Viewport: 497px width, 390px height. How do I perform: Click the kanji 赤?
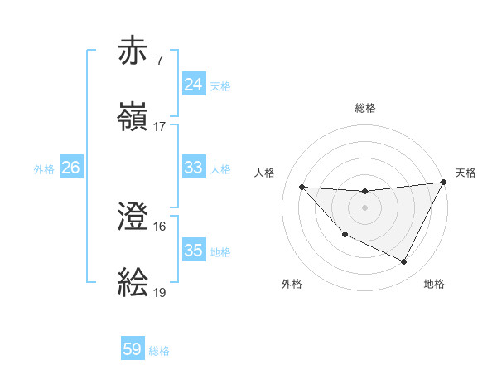point(133,51)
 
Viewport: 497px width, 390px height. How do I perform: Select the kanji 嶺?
point(133,118)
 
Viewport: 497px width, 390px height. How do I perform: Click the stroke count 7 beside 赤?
point(159,61)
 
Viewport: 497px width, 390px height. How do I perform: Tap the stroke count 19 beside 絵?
point(160,293)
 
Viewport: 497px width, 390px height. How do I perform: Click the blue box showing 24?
point(193,85)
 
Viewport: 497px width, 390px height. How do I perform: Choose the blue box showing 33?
point(193,168)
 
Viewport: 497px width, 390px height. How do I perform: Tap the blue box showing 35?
point(193,251)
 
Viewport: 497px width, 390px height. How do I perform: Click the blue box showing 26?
point(70,168)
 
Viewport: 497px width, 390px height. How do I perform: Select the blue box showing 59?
point(133,350)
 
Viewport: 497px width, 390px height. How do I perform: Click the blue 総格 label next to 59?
point(160,351)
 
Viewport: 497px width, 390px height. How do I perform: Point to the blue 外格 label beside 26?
point(44,168)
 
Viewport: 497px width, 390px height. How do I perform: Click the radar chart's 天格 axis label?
point(466,173)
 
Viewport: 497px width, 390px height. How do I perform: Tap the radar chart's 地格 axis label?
point(434,284)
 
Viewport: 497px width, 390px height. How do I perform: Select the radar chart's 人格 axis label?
point(264,173)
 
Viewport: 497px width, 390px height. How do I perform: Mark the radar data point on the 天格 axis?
point(443,183)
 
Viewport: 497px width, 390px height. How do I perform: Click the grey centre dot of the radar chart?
point(364,207)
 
